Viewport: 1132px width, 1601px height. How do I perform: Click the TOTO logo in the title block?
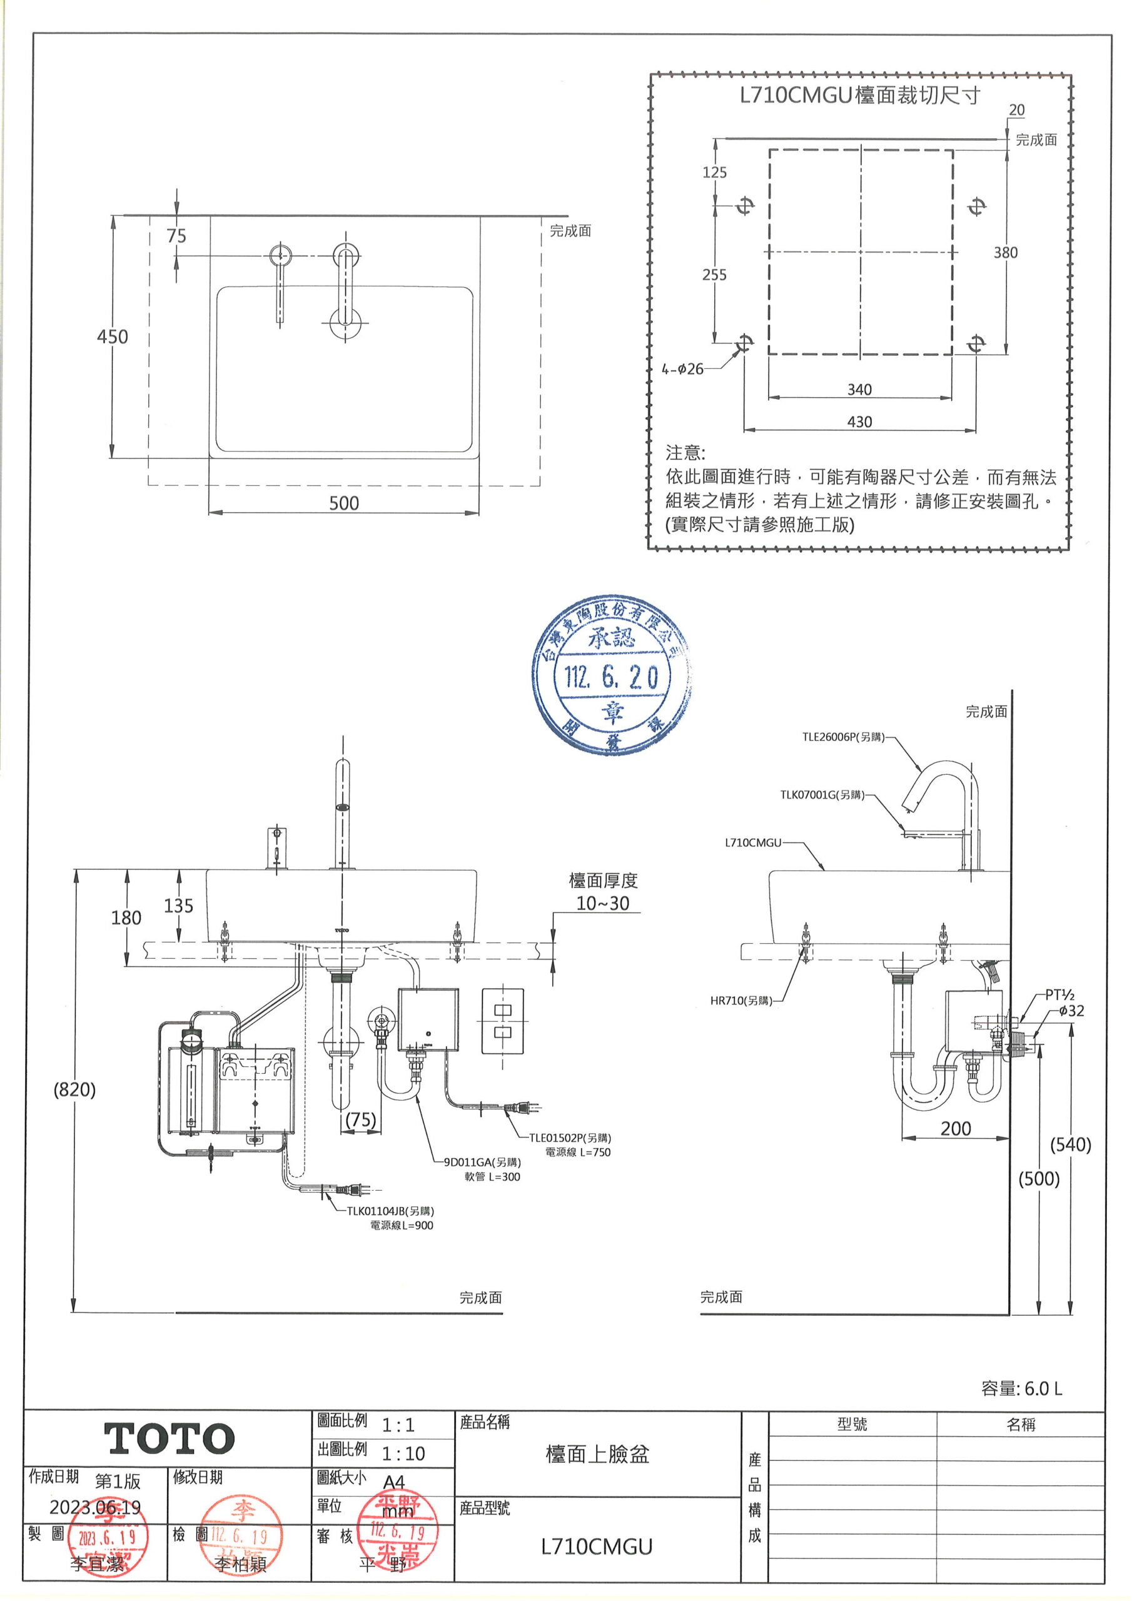[x=169, y=1438]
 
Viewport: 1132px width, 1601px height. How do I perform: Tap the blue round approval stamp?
[x=611, y=674]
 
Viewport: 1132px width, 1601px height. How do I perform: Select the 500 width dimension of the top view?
[x=344, y=503]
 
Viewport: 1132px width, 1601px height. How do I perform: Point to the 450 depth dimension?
[x=113, y=337]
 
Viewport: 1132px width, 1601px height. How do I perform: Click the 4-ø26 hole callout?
[x=683, y=369]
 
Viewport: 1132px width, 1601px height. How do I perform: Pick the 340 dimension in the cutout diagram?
[x=859, y=390]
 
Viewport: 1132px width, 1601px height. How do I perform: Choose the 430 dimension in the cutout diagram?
[x=859, y=422]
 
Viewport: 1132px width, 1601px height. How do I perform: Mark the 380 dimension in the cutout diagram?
[x=1005, y=253]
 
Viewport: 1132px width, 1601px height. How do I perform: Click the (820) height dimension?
[x=74, y=1090]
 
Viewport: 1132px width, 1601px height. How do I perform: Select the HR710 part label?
[x=740, y=1001]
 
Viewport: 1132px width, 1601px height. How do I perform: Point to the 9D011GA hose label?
[x=482, y=1162]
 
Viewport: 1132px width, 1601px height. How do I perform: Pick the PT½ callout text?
[x=1059, y=995]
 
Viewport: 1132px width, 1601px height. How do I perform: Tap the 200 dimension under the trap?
[x=955, y=1128]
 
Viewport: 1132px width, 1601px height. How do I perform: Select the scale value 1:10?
[x=403, y=1453]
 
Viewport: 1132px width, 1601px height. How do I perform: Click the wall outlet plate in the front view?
[x=503, y=1021]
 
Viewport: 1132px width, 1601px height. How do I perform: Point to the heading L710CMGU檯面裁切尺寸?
[x=860, y=96]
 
